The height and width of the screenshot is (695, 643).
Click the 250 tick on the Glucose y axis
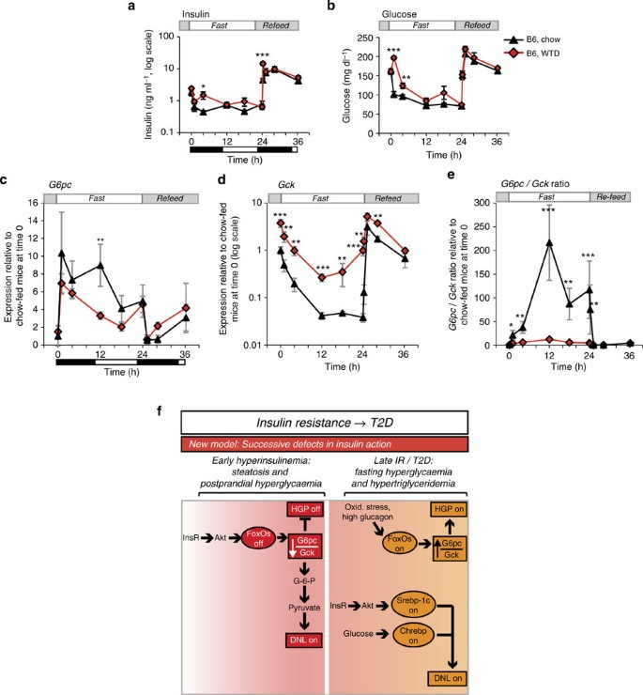[369, 38]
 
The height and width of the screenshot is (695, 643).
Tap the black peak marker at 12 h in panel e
[548, 242]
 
